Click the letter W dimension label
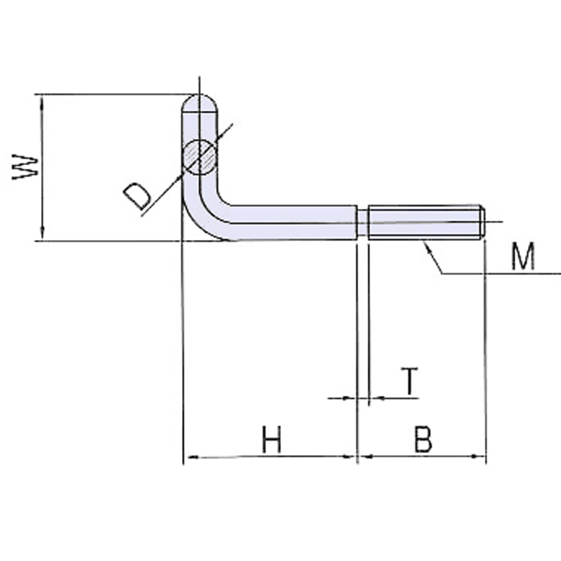coord(26,167)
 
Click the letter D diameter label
coord(136,196)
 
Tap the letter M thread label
coord(522,257)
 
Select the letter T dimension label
coord(409,381)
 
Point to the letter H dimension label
coord(272,440)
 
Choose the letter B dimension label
coord(423,440)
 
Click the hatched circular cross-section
coord(199,156)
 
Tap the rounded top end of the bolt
coord(199,102)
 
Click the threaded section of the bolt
coord(424,222)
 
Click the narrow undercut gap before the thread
coord(363,223)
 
